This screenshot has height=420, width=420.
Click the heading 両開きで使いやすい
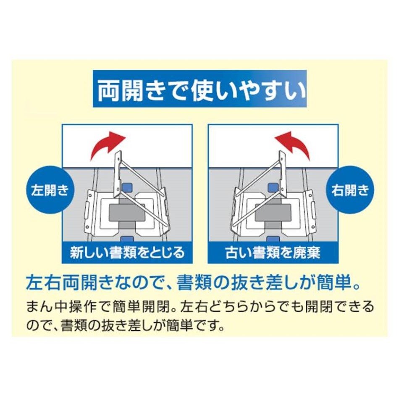pos(202,90)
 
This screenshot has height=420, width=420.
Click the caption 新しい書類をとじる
pos(127,252)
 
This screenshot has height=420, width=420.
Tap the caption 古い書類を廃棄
pos(273,252)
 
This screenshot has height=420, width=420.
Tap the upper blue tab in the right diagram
pos(273,187)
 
